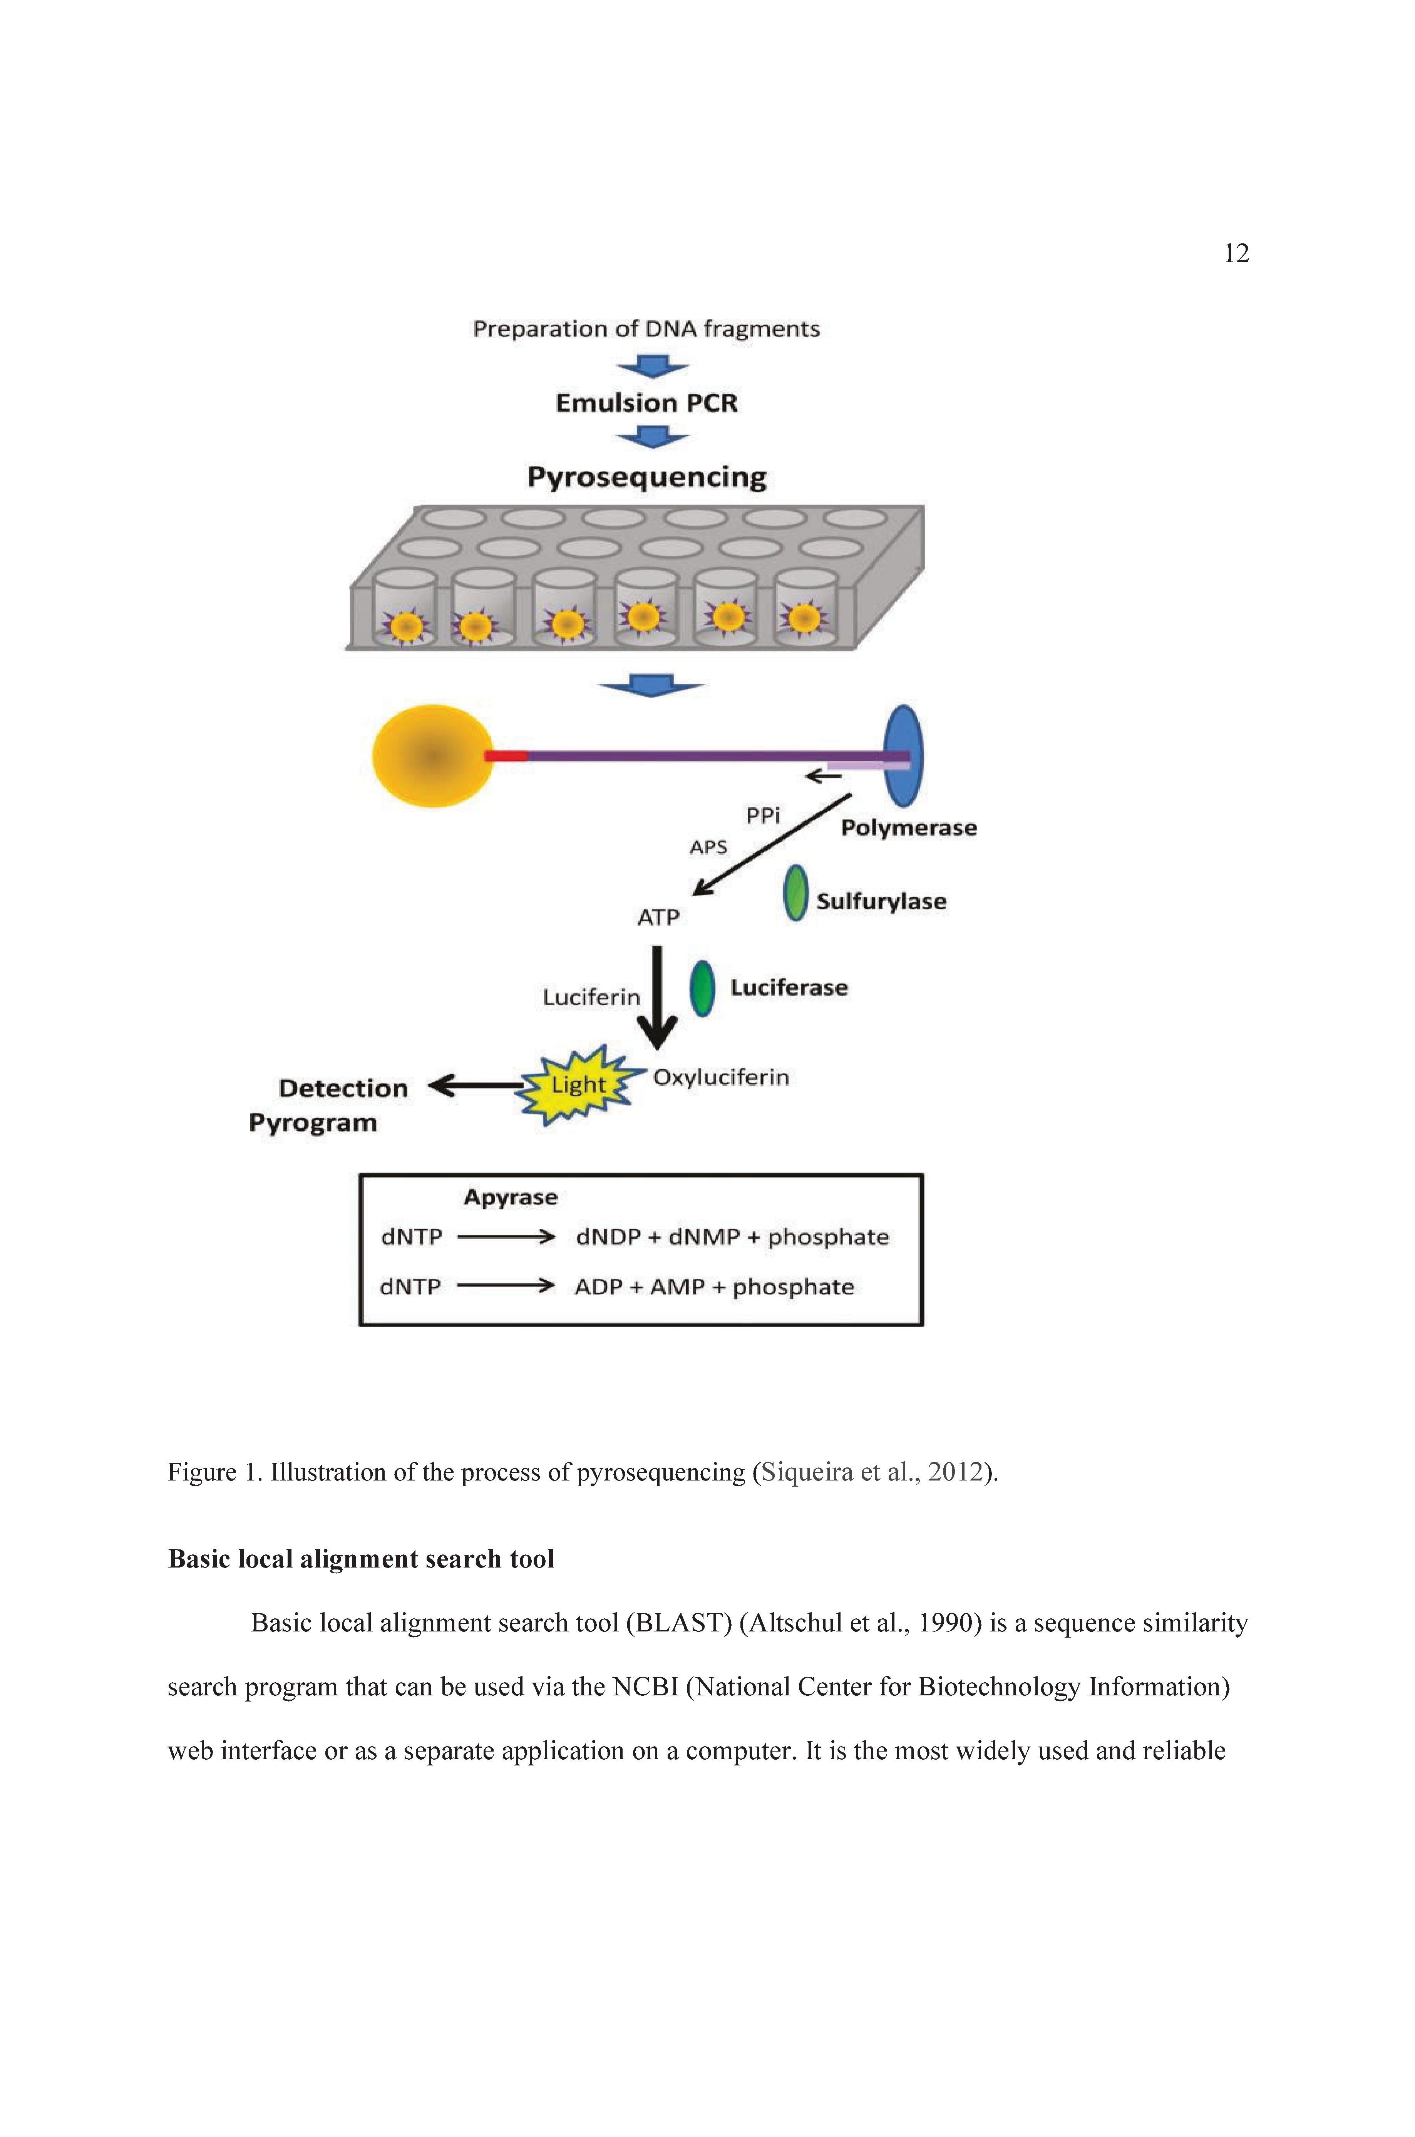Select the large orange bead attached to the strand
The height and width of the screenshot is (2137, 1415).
tap(433, 755)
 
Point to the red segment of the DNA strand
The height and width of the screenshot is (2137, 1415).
tap(505, 755)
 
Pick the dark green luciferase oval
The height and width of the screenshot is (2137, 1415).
tap(702, 988)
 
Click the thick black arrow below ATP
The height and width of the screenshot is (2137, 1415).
tap(658, 997)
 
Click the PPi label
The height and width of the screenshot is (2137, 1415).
tap(762, 816)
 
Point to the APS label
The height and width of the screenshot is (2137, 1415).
tap(708, 846)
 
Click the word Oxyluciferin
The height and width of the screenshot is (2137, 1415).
tap(721, 1077)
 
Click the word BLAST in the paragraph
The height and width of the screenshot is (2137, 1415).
tap(682, 1623)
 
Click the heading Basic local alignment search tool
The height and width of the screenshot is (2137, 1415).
tap(361, 1559)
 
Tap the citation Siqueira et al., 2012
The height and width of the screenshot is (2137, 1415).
tap(871, 1472)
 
